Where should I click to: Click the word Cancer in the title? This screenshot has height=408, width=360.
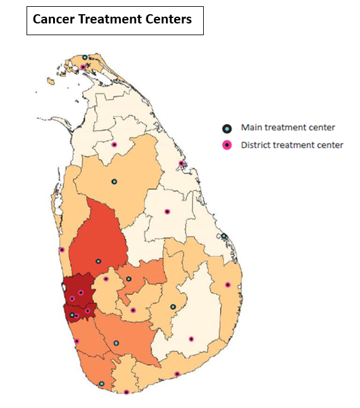pos(54,20)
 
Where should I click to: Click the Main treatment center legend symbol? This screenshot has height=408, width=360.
pos(227,128)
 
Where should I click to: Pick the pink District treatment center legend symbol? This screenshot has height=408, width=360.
pos(227,146)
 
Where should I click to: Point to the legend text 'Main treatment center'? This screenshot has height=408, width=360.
pos(288,128)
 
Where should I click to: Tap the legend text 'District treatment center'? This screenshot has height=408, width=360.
pos(292,146)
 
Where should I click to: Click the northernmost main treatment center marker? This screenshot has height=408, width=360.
pos(85,57)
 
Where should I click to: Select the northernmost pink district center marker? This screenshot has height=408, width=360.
pos(83,67)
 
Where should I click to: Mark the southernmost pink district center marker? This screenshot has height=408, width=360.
pos(126,392)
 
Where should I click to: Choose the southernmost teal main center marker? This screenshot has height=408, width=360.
pos(102,384)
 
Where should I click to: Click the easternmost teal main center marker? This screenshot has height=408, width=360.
pos(224,236)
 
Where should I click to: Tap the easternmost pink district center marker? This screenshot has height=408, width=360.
pos(228,285)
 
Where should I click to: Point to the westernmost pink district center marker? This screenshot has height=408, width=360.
pos(62,250)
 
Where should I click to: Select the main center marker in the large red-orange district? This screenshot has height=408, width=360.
pos(98,261)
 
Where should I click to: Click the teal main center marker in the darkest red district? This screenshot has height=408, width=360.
pos(72,315)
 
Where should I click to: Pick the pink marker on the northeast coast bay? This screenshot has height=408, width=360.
pos(182,164)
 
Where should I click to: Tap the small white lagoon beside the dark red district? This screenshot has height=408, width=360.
pos(65,286)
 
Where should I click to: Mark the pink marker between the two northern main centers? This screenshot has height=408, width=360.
pos(114,145)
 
